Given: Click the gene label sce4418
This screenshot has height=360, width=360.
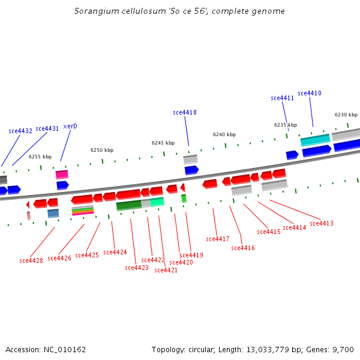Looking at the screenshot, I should [185, 112].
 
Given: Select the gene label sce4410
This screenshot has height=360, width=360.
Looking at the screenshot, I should [310, 93].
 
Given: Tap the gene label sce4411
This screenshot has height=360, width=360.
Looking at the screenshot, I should [282, 98].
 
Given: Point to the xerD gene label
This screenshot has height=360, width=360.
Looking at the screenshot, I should [70, 126].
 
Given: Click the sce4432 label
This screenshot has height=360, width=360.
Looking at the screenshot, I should [20, 131].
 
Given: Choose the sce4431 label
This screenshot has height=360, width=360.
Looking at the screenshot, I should [47, 128].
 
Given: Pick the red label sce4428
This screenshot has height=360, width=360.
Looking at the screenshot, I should [31, 260].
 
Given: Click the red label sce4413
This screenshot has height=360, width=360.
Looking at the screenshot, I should [322, 223].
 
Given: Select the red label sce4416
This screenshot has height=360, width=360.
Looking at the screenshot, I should [243, 248].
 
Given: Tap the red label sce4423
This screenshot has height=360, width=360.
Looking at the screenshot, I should [137, 268].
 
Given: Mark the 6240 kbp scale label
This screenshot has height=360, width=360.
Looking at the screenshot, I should [224, 134].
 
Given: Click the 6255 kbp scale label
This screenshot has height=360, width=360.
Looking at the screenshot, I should [40, 157].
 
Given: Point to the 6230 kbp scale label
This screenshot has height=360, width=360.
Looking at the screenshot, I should [346, 115].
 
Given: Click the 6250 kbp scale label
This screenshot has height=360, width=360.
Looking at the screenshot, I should [102, 150].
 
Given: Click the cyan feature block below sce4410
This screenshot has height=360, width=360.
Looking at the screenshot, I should [316, 140].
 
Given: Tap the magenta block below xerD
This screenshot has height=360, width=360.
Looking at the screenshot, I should [62, 175].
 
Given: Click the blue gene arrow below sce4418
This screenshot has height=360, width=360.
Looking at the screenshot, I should [191, 170].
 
